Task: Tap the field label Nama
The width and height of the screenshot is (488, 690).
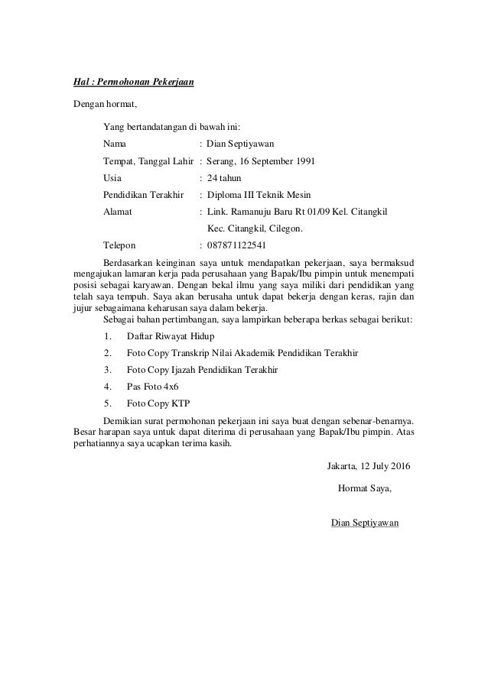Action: pyautogui.click(x=115, y=143)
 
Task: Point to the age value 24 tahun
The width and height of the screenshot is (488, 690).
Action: pyautogui.click(x=224, y=177)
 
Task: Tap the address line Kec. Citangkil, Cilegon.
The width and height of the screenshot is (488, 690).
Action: pyautogui.click(x=255, y=228)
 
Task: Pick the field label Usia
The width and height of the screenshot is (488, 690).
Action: pyautogui.click(x=112, y=177)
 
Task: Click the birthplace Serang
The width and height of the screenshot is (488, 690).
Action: pyautogui.click(x=222, y=161)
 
